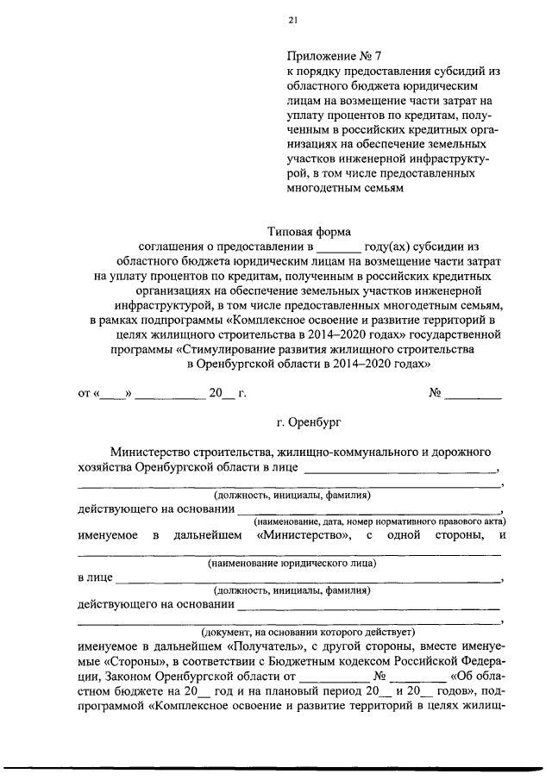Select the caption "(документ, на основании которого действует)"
[292, 631]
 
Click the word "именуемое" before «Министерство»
[108, 536]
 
